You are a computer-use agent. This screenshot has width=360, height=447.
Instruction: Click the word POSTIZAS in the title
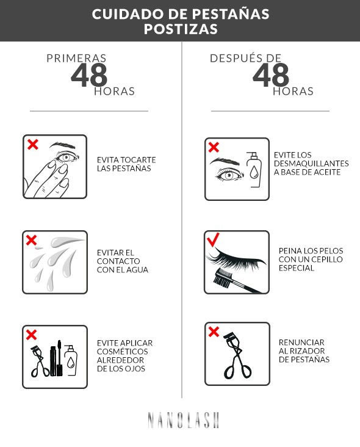click(180, 29)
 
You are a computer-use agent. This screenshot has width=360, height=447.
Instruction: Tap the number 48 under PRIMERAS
click(89, 75)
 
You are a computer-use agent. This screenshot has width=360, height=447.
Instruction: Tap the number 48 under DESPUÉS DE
click(270, 75)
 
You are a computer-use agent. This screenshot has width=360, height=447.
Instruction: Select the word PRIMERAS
click(77, 59)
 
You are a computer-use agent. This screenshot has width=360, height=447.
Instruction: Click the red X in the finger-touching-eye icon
click(33, 145)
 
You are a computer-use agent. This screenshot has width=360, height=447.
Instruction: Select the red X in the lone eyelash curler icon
click(214, 332)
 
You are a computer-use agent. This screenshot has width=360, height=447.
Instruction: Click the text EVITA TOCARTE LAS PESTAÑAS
click(126, 164)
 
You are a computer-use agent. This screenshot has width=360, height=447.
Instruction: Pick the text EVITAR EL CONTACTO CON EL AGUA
click(122, 261)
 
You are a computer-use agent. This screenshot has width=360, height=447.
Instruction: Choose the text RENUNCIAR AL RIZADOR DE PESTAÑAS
click(304, 351)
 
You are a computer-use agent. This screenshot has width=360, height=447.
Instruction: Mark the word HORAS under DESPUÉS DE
click(293, 91)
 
